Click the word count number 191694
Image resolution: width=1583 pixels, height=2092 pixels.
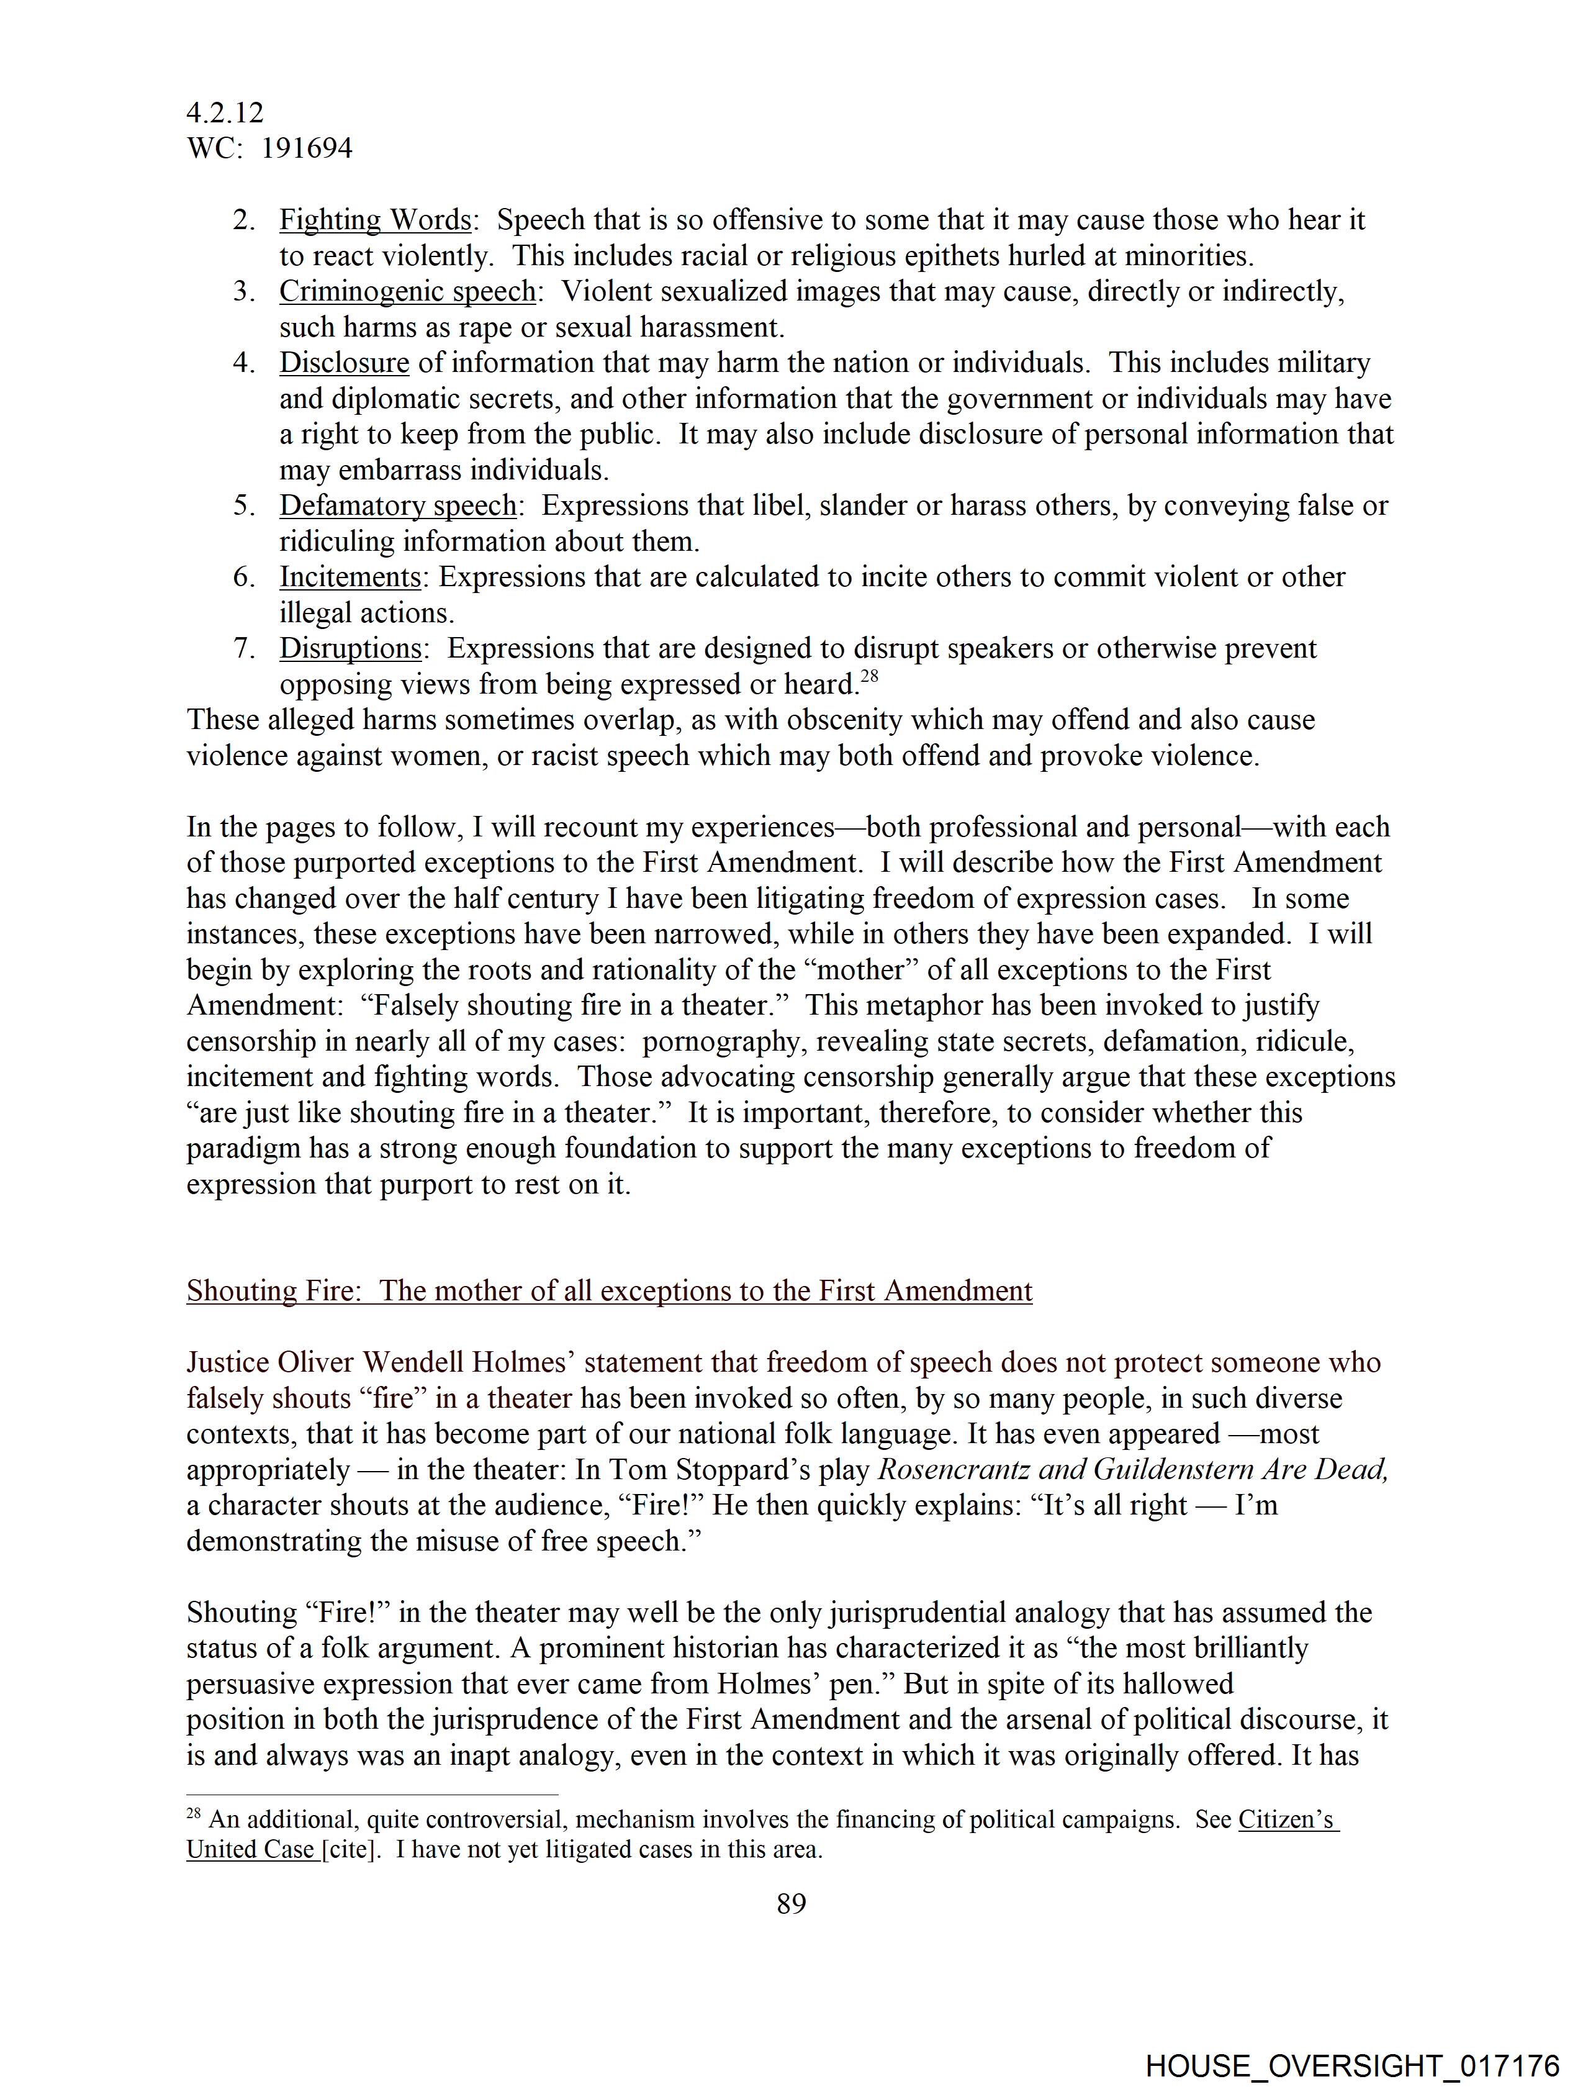pos(307,148)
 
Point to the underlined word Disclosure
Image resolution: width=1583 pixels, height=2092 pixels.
pos(344,363)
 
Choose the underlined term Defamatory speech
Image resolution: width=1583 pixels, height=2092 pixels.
pos(398,506)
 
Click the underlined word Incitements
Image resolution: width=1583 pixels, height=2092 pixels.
pos(350,577)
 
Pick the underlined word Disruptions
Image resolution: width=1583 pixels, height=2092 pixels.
pos(350,649)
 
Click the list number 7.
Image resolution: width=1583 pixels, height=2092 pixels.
pos(243,649)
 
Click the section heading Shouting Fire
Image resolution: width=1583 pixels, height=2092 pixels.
pos(609,1291)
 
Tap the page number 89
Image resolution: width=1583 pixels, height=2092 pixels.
pos(790,1903)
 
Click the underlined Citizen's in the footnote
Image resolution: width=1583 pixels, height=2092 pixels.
pos(1288,1819)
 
